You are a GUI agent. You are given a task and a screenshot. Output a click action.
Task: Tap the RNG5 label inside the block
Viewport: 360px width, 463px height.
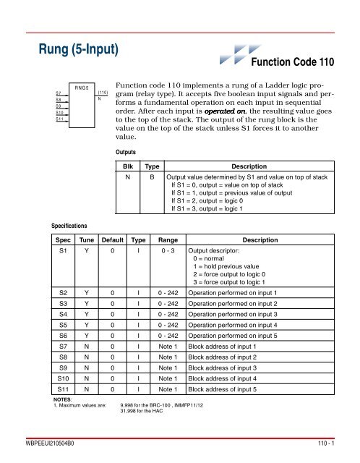click(x=81, y=87)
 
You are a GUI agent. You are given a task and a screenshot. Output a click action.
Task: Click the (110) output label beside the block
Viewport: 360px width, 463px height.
click(x=103, y=93)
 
